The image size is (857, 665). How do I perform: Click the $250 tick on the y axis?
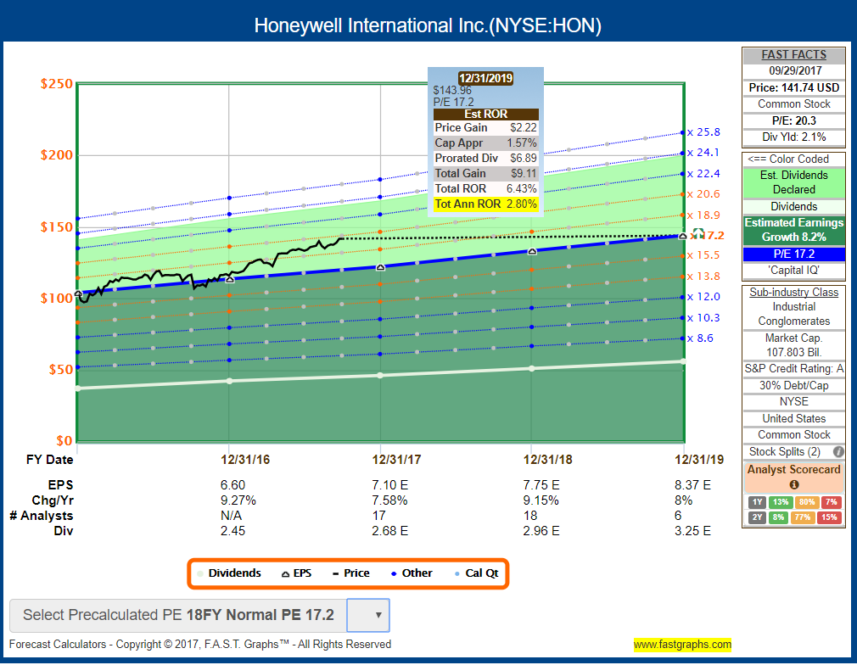pos(57,84)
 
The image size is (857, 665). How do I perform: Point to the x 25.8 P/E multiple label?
pos(703,132)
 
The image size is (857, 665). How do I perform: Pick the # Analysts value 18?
pos(531,515)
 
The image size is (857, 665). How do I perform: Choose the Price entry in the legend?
pos(351,573)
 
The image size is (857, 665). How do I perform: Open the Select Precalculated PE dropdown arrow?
pos(378,615)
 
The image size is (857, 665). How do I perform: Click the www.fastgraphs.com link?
pos(682,644)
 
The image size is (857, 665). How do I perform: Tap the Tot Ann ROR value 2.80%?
pos(521,204)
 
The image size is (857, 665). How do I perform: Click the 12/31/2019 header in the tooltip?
pos(485,78)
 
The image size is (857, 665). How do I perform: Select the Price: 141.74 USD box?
pos(794,87)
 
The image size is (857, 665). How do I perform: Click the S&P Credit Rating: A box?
pos(794,369)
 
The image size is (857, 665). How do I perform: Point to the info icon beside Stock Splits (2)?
pos(838,452)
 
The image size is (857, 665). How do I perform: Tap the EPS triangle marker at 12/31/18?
pos(532,251)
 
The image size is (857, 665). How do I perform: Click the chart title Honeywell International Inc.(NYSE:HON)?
pos(428,25)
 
